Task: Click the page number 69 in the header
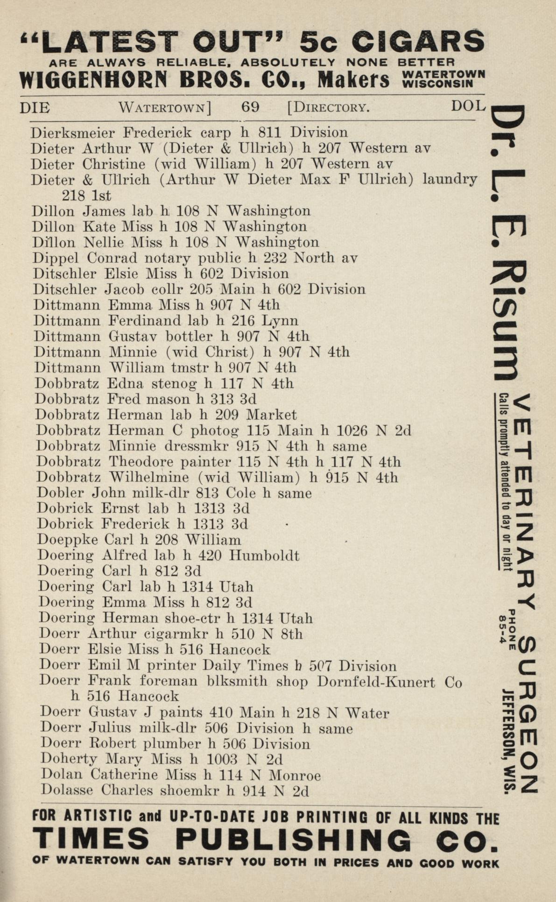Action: (x=250, y=107)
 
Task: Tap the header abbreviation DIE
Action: (x=35, y=108)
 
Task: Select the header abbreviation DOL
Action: (x=468, y=106)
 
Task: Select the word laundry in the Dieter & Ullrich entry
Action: (x=450, y=179)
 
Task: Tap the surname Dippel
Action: (x=56, y=258)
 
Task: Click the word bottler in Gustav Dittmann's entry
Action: (x=189, y=336)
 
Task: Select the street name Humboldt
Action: (x=264, y=556)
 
